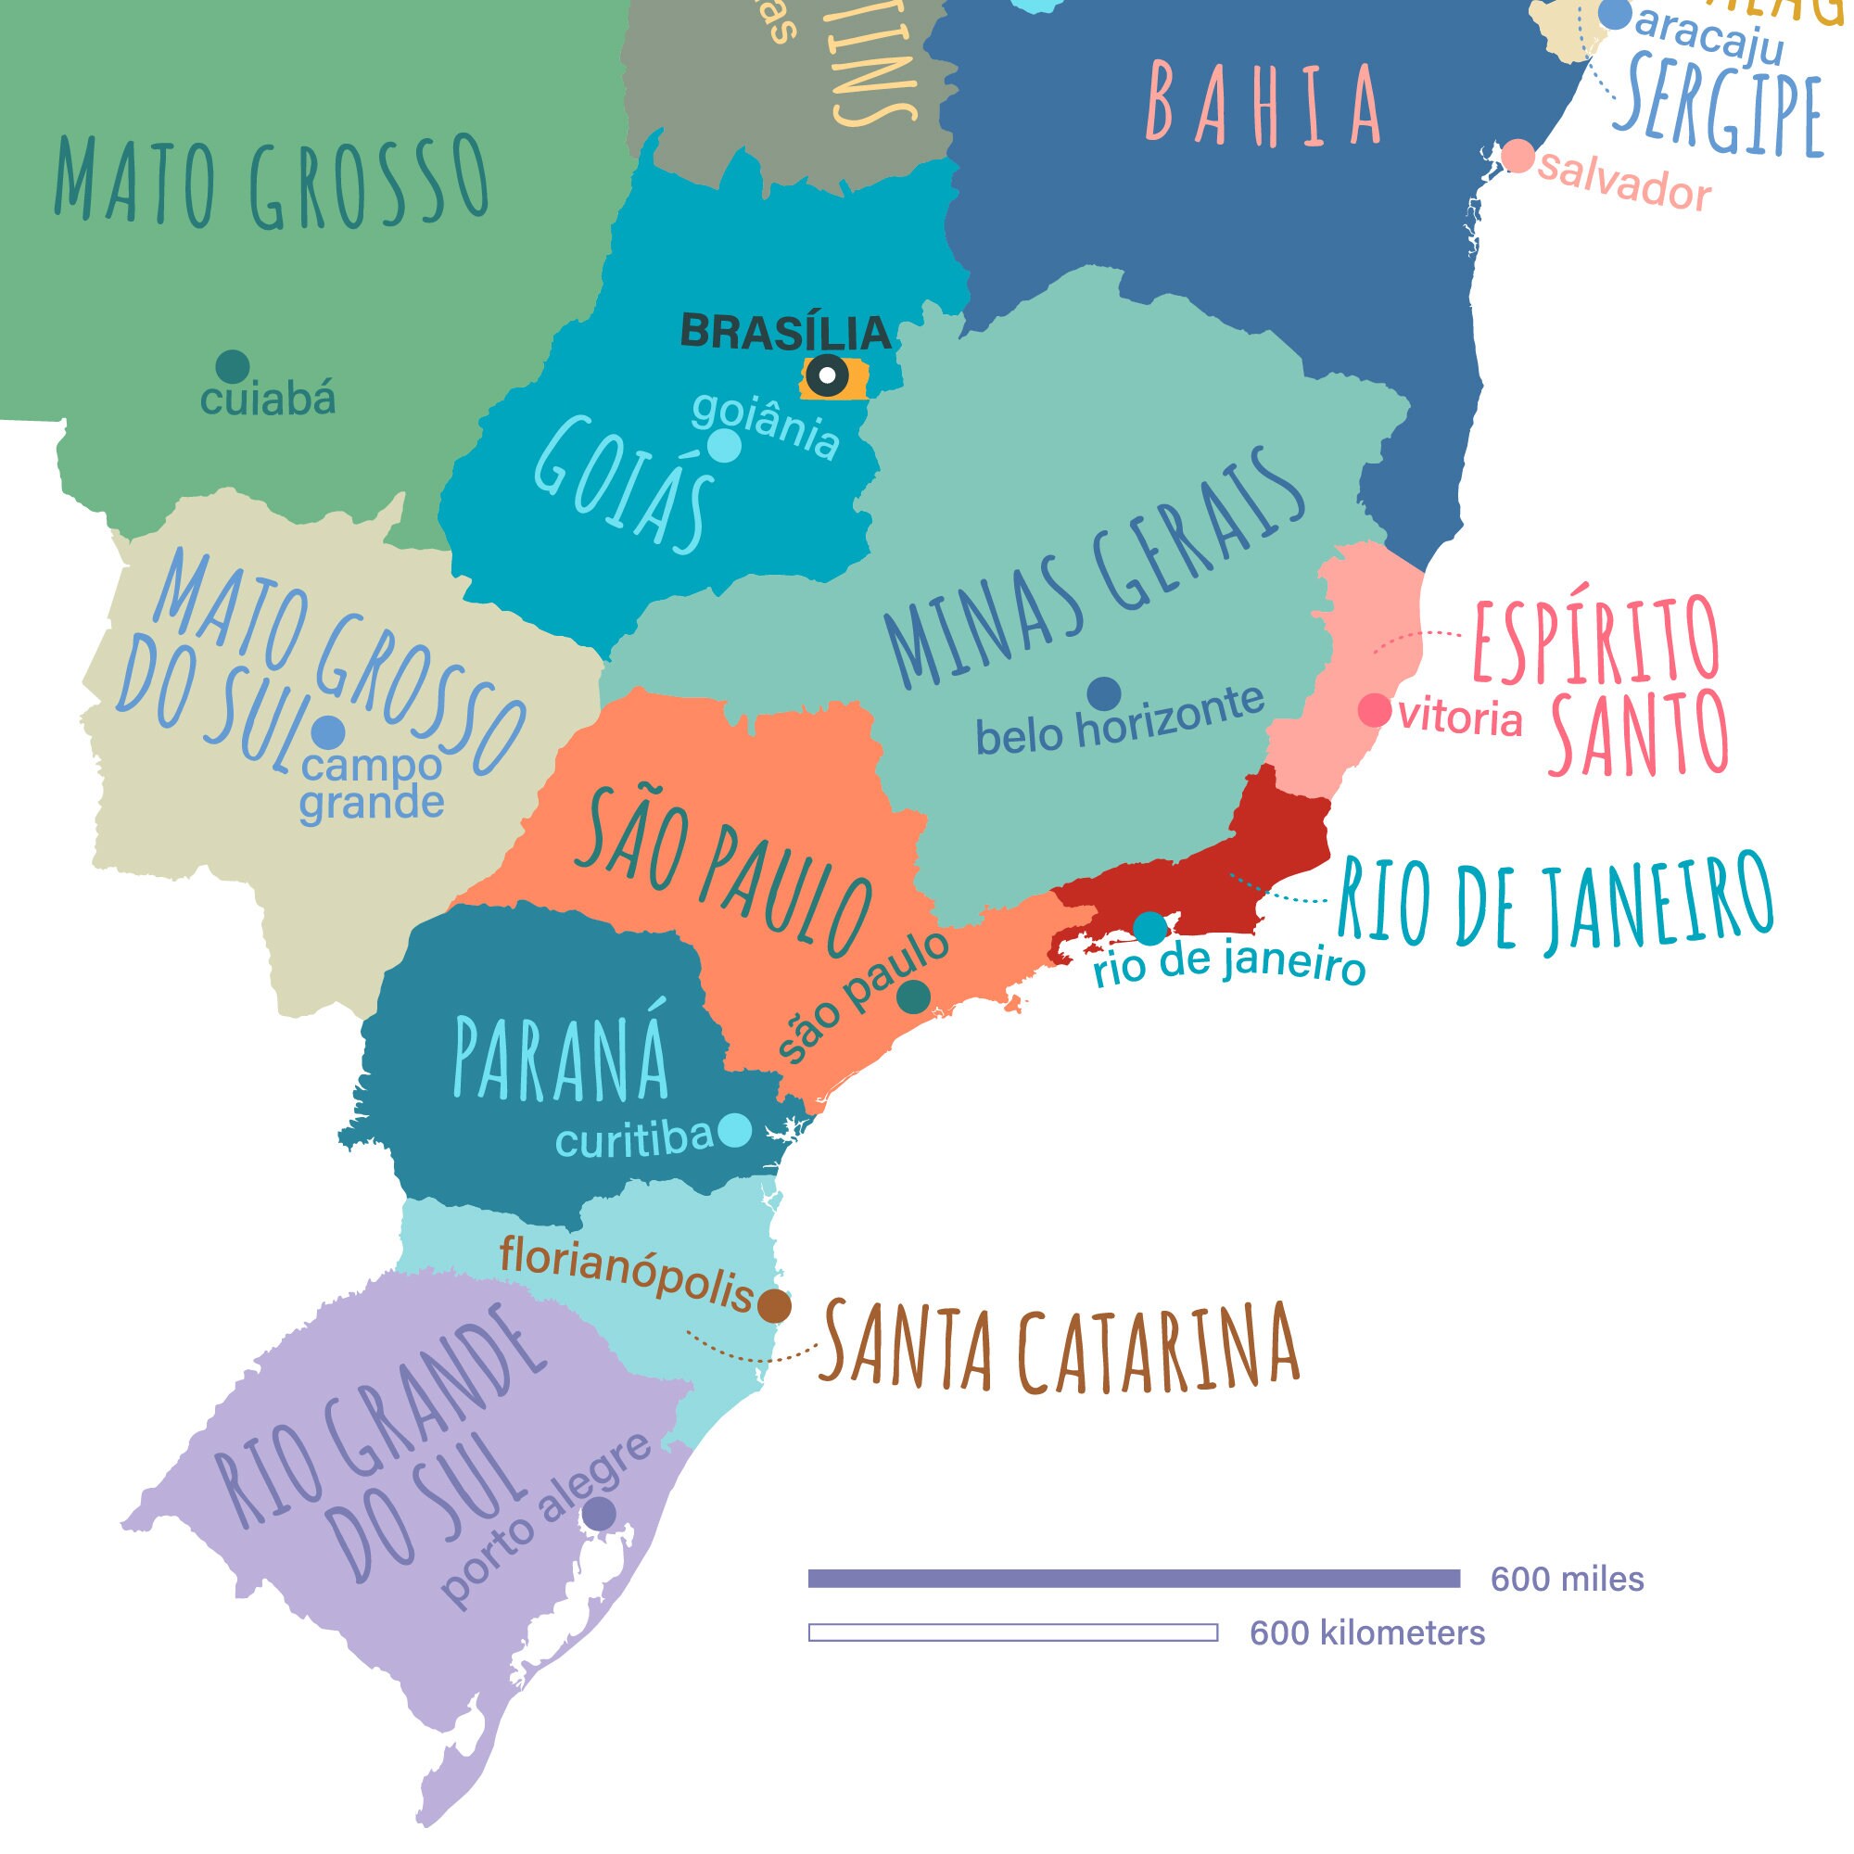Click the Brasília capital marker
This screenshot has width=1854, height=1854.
[x=826, y=376]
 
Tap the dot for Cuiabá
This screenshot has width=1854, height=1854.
[x=233, y=365]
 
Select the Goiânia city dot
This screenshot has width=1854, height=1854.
[x=725, y=445]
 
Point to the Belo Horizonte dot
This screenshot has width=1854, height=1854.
[x=1105, y=692]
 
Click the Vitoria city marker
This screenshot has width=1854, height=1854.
[x=1374, y=710]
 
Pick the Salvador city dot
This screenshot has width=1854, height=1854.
[x=1518, y=156]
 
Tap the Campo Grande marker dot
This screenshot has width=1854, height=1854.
[x=328, y=732]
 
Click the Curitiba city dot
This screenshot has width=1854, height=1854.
[x=735, y=1129]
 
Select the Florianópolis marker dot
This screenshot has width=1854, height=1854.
[x=774, y=1306]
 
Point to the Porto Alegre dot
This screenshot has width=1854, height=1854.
[x=600, y=1514]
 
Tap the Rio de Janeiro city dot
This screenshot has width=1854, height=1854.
[x=1149, y=928]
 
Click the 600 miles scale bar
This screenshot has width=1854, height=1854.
[x=1134, y=1579]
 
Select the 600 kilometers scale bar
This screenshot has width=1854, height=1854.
[x=1012, y=1632]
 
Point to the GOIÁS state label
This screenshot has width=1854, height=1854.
[x=624, y=485]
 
